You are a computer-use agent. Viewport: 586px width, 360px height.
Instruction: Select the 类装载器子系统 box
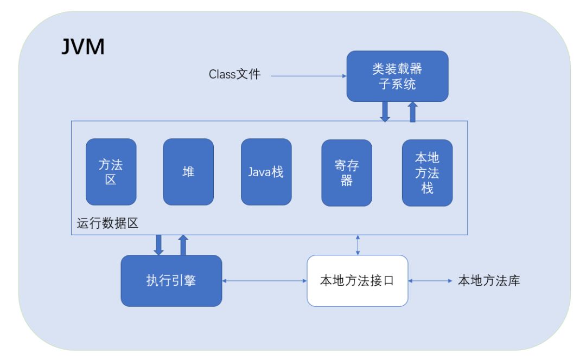(x=398, y=76)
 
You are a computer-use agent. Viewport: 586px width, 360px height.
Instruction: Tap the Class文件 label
(x=235, y=74)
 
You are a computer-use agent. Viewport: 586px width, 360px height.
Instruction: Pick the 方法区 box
(x=111, y=172)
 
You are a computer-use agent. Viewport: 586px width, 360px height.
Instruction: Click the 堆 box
(x=188, y=172)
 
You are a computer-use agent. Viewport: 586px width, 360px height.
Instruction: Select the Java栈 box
(x=266, y=172)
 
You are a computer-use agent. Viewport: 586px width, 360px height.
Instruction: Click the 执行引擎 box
(x=171, y=280)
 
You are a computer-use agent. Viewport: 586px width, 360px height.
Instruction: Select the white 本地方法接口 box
(x=358, y=280)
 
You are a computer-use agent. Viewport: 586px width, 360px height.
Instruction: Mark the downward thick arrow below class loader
(x=385, y=112)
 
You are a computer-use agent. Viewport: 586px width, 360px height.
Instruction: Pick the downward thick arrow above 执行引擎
(x=158, y=245)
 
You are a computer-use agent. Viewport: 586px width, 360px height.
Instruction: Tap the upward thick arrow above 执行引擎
(x=183, y=245)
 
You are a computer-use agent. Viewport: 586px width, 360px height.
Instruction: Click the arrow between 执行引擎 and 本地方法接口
(x=265, y=281)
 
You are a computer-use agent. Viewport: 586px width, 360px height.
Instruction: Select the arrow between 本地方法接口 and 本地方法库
(x=430, y=281)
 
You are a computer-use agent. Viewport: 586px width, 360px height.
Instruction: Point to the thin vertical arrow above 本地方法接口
(x=358, y=245)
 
